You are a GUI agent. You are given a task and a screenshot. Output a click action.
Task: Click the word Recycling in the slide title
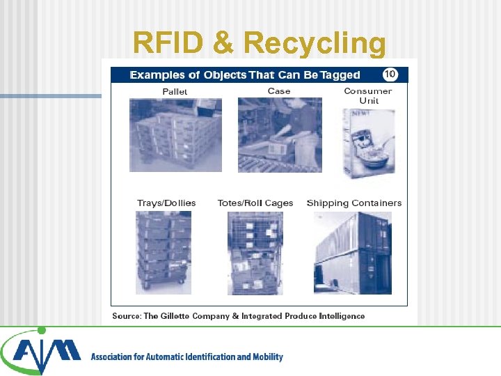click(315, 43)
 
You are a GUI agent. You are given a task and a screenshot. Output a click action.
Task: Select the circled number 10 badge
click(390, 74)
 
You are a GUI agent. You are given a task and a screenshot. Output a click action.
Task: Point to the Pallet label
click(175, 92)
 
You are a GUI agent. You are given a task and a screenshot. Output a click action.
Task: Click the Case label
click(279, 91)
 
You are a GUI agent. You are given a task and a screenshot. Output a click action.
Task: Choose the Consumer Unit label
click(368, 96)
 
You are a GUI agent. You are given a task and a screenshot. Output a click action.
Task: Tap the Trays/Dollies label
click(166, 203)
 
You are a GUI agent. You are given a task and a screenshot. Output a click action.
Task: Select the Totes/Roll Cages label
click(255, 203)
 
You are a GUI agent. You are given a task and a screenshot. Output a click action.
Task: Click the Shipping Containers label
click(354, 203)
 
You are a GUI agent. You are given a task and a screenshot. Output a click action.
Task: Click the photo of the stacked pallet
click(175, 135)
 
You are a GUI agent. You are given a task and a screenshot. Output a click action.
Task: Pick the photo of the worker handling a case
click(280, 135)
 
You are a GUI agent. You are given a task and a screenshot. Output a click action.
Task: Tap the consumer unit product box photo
click(368, 143)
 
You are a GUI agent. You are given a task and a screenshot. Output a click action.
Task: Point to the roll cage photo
click(255, 253)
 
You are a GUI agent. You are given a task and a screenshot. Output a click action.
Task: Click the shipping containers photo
click(353, 253)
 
